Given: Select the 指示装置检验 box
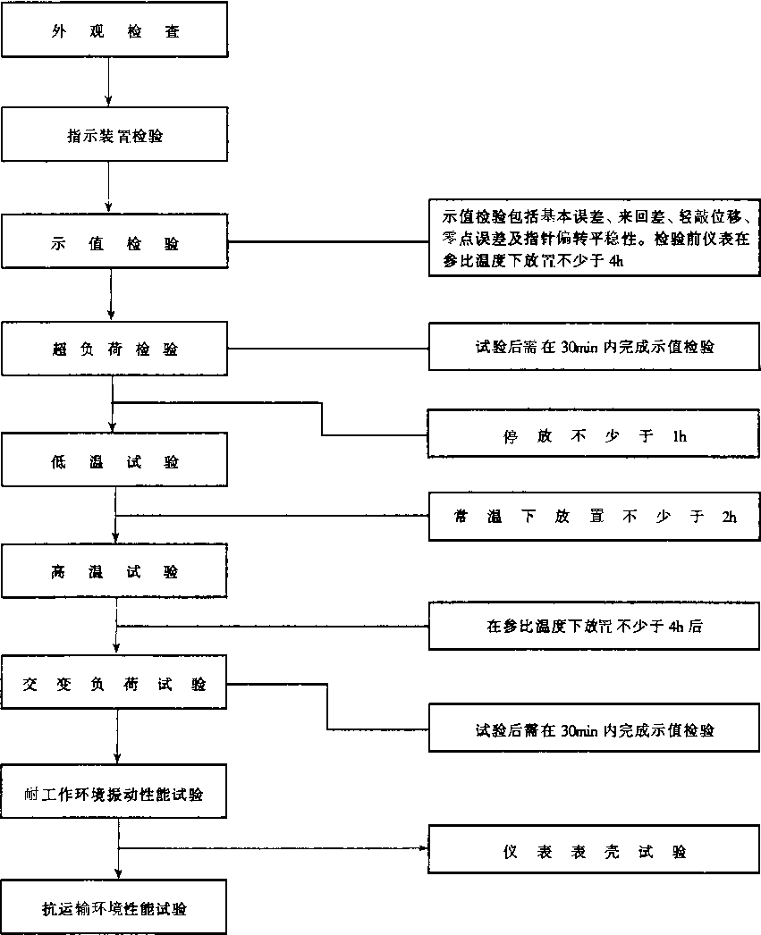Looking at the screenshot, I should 114,136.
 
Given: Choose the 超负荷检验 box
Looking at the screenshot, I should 114,350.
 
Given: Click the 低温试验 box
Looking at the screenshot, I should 114,462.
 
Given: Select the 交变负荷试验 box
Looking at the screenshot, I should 114,684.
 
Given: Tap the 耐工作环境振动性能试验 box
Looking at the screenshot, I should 114,794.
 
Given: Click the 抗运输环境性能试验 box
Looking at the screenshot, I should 114,908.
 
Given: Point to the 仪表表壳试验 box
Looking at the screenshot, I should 595,852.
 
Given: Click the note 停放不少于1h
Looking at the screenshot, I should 595,437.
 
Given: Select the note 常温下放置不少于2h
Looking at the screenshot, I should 595,517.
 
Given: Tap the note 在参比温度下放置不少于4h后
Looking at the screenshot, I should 595,627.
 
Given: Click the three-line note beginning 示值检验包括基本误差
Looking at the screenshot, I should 595,239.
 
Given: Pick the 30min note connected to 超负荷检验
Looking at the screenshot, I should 595,348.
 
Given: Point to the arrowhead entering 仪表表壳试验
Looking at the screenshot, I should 424,848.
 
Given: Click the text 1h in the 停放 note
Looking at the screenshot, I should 677,437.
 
